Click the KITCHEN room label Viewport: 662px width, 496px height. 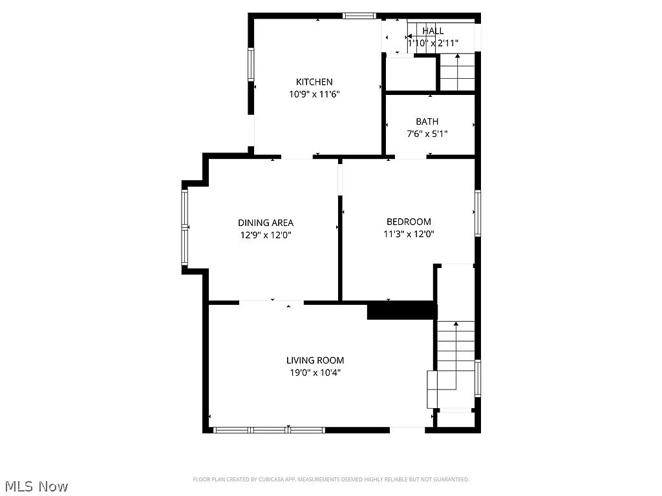(314, 82)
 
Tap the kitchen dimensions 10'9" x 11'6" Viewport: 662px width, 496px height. (314, 94)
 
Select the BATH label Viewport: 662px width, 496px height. (427, 121)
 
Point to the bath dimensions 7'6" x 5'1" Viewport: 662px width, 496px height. (427, 134)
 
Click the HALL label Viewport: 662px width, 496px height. (433, 31)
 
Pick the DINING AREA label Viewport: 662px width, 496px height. (266, 223)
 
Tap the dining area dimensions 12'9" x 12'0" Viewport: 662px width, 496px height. (266, 235)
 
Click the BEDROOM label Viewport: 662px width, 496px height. (409, 222)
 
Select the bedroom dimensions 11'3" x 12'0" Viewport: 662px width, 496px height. (409, 234)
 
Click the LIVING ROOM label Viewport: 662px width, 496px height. (315, 360)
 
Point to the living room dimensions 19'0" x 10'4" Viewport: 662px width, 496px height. (315, 373)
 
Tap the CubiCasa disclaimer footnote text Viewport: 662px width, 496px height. (330, 479)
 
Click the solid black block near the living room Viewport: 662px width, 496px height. (401, 311)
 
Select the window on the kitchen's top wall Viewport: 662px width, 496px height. (359, 15)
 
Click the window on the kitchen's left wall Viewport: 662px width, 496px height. (251, 65)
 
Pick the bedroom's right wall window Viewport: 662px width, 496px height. (478, 212)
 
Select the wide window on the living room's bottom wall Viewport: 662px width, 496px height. (269, 429)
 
